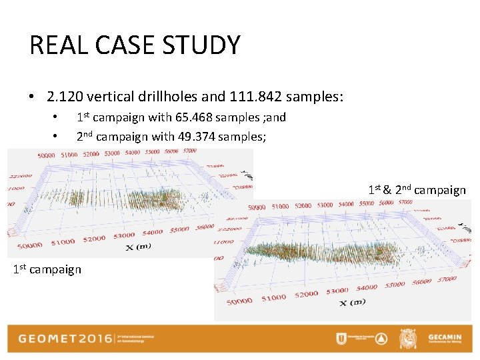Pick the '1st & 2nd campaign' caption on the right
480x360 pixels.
(417, 190)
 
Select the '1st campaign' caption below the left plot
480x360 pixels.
(47, 269)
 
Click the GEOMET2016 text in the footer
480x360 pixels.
(65, 338)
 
